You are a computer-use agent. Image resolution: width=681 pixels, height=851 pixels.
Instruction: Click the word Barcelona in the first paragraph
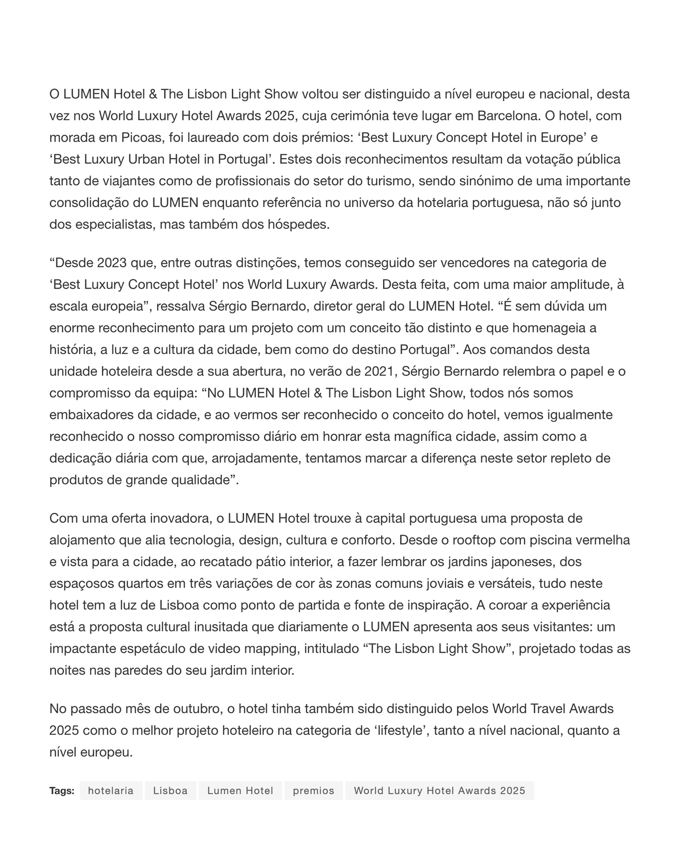coord(508,116)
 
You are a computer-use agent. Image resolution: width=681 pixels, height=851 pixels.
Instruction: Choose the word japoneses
coord(517,562)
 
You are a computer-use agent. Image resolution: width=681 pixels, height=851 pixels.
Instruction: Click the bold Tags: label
coord(62,791)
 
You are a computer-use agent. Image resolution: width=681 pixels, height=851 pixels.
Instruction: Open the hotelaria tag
coord(111,791)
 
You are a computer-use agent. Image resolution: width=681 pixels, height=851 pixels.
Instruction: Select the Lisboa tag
coord(170,791)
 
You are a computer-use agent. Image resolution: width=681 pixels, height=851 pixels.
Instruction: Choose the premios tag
coord(313,791)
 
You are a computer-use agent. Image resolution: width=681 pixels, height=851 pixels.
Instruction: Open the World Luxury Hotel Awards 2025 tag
coord(439,791)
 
